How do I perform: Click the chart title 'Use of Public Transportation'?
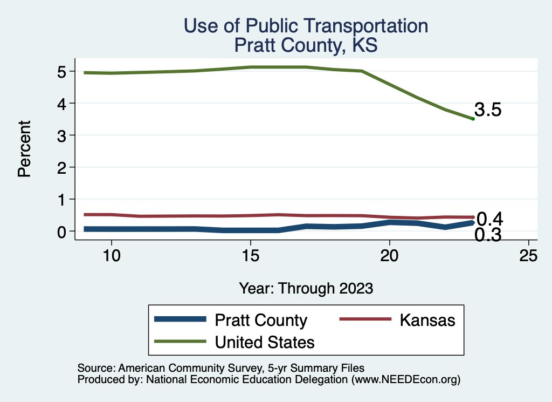306,26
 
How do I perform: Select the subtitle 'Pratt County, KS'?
306,45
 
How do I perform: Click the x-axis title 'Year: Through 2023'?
306,288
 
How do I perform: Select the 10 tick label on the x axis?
111,256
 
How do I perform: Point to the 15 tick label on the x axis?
250,256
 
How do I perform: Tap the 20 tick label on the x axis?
389,256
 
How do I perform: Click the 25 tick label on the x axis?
528,256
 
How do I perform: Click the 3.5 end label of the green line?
488,110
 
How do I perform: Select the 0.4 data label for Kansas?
490,219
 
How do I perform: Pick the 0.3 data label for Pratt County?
488,235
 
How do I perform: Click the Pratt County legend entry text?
261,320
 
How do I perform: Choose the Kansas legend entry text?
427,320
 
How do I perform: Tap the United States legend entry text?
265,342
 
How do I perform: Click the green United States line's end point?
473,119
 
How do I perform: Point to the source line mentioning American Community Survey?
221,368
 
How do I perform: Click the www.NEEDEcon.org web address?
405,379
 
